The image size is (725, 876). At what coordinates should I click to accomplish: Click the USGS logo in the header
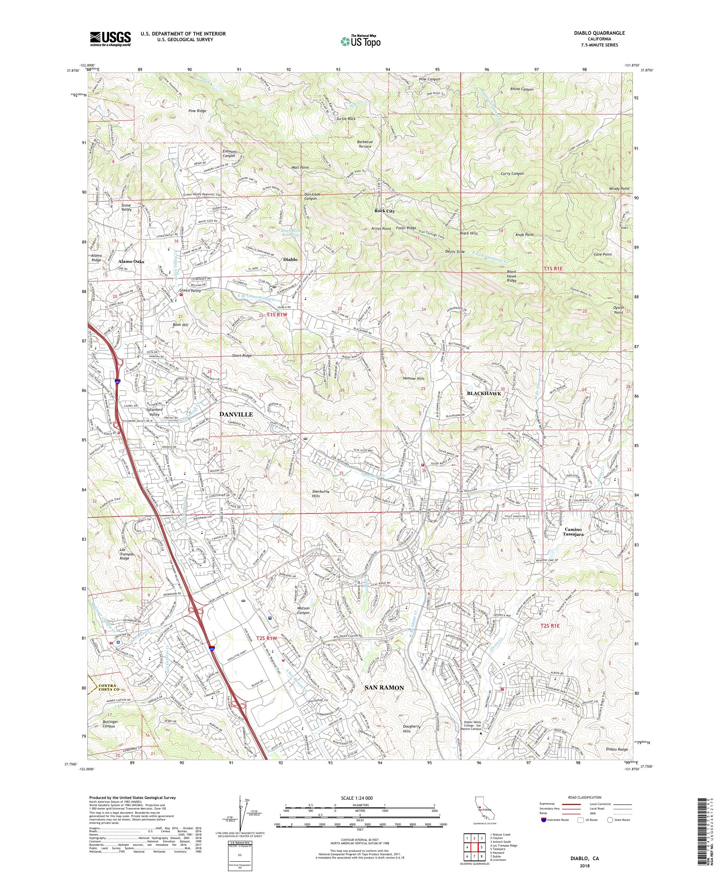110,39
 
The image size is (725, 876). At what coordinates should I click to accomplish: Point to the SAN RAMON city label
384,688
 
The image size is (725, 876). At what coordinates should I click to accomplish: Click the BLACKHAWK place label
483,393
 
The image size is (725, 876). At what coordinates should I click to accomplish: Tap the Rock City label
385,211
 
